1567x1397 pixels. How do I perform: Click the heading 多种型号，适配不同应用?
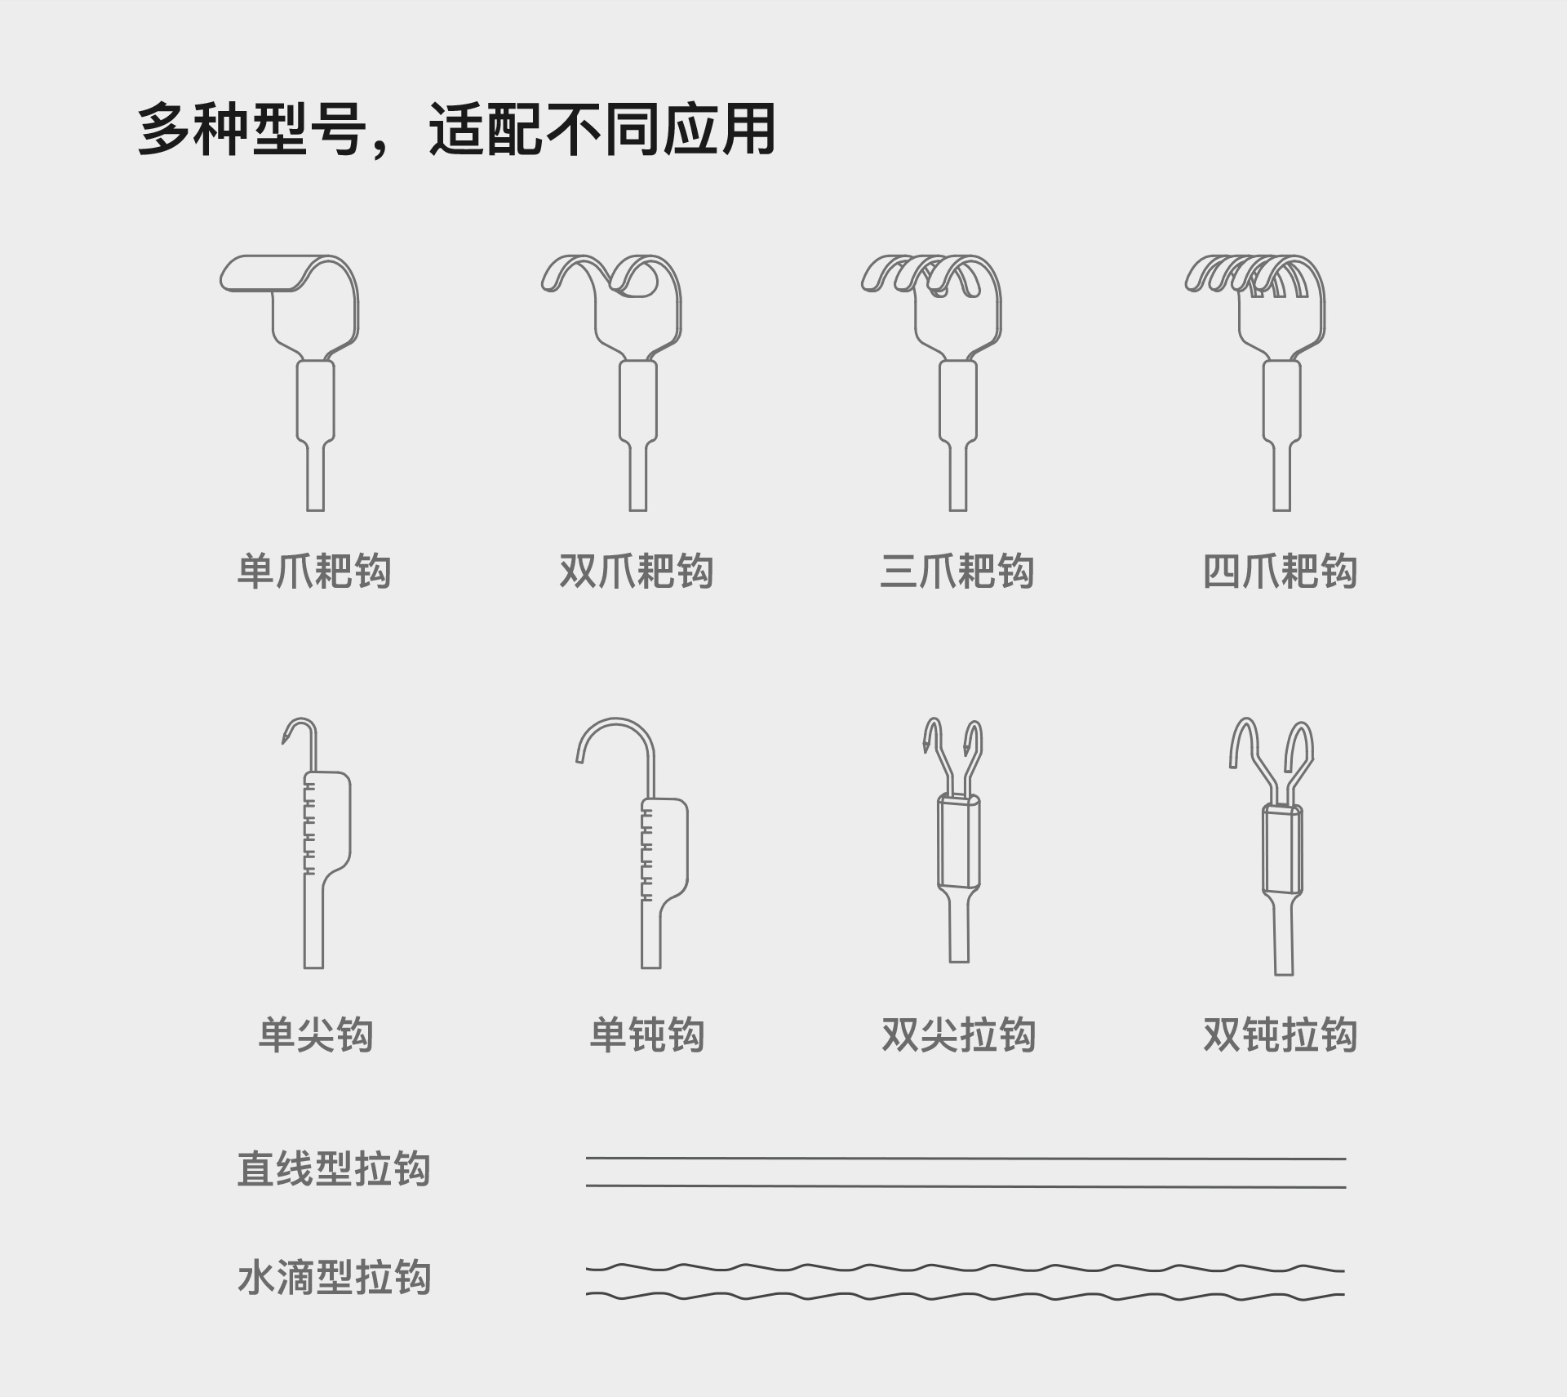click(455, 129)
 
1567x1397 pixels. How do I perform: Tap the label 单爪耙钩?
click(314, 571)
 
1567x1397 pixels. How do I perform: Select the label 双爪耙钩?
click(637, 571)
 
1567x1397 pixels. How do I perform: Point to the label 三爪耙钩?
click(957, 571)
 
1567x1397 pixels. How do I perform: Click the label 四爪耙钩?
click(1280, 571)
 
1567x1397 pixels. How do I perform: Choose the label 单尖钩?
click(316, 1035)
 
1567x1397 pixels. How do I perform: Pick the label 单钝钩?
click(647, 1035)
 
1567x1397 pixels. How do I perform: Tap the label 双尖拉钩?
click(958, 1035)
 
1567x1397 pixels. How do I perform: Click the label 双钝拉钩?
click(1280, 1035)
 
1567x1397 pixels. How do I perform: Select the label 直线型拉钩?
click(334, 1169)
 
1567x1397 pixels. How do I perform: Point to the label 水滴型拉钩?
click(334, 1278)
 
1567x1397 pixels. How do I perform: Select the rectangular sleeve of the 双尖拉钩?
click(959, 841)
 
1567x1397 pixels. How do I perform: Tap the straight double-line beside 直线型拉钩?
click(966, 1172)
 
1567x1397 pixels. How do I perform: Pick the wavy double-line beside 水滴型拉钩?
click(966, 1281)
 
